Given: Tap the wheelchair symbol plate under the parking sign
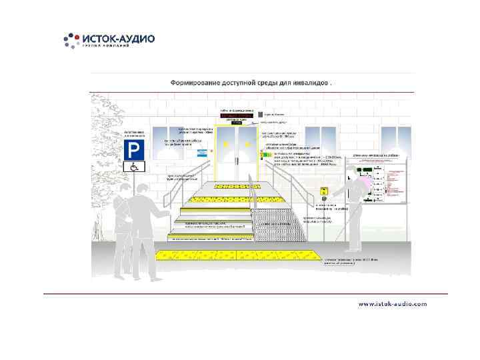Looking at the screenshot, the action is pyautogui.click(x=133, y=167).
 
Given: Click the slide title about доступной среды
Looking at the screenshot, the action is pyautogui.click(x=251, y=83).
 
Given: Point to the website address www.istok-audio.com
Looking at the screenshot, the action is pyautogui.click(x=393, y=303).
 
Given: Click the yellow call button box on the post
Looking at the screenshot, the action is pyautogui.click(x=325, y=191).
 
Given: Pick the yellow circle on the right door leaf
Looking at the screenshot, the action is pyautogui.click(x=248, y=144).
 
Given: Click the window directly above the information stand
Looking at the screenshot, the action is pyautogui.click(x=389, y=140).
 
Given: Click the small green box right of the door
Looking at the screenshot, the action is pyautogui.click(x=261, y=153).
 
